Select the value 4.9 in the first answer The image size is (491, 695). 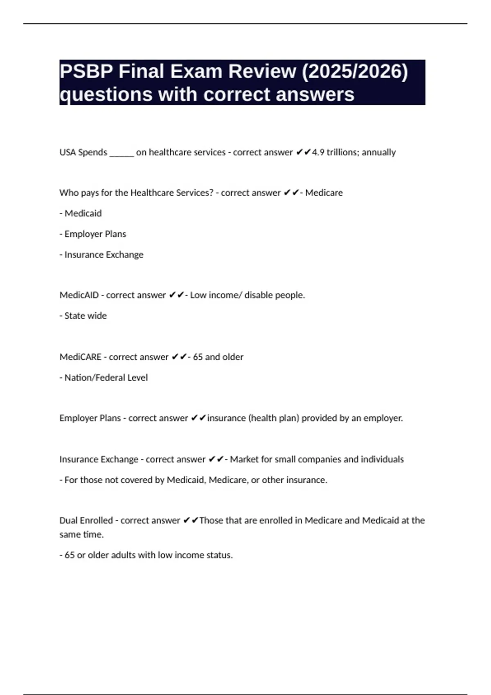(318, 152)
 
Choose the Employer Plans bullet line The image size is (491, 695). (93, 234)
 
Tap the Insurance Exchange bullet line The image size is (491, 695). (101, 255)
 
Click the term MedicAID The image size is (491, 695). (79, 295)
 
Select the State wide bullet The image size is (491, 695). (83, 316)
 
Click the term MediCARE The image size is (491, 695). (80, 357)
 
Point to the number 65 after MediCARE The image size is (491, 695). (198, 357)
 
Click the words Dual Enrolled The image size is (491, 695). (86, 520)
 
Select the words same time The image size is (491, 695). (81, 534)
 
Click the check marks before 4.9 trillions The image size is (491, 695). (303, 152)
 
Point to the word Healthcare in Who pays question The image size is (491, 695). (152, 193)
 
